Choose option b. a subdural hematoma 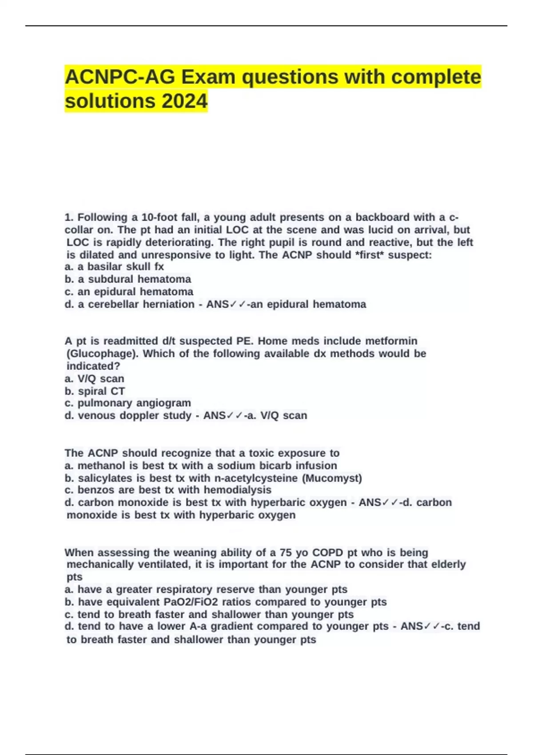pos(128,279)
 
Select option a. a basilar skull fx pos(114,267)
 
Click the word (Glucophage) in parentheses pos(102,354)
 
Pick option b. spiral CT pos(95,391)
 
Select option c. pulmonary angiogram pos(127,403)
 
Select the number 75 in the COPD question pos(286,553)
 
